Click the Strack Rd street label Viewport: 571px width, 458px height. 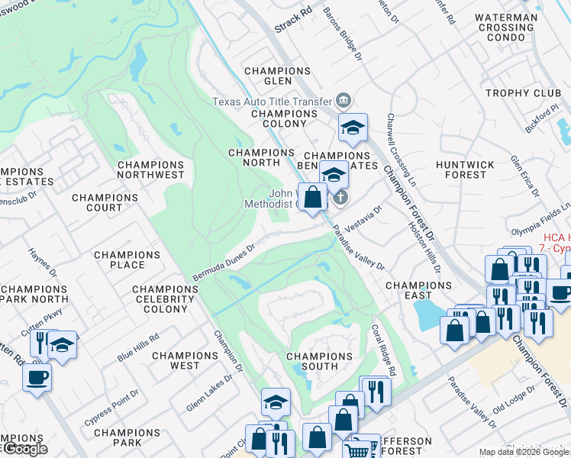click(294, 22)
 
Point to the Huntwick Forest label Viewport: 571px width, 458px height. click(460, 169)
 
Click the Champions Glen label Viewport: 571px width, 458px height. click(277, 76)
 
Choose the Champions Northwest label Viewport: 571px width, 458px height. click(151, 169)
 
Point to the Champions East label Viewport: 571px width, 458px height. click(418, 290)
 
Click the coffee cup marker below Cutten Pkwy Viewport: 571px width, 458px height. click(37, 377)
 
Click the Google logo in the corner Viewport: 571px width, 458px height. click(24, 449)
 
